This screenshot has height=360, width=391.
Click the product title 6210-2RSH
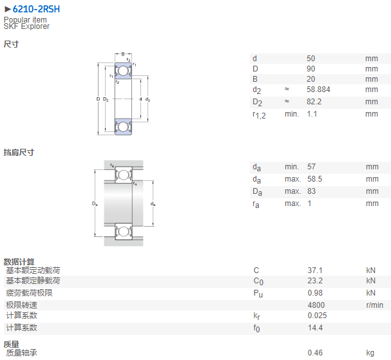click(x=36, y=9)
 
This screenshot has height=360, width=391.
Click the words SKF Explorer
click(x=26, y=26)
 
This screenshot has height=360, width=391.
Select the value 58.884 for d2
click(x=318, y=90)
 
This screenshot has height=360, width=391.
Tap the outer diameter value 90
click(x=310, y=68)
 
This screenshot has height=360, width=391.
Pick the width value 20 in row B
click(x=310, y=79)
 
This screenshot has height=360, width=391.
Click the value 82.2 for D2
click(x=314, y=102)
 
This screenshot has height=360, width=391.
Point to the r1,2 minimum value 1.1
click(x=312, y=114)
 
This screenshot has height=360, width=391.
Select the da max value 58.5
click(x=315, y=179)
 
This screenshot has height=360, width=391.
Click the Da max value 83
click(x=312, y=191)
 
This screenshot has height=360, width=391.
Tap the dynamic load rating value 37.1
click(x=315, y=270)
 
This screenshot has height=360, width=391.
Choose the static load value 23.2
click(x=315, y=281)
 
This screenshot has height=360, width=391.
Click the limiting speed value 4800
click(x=316, y=305)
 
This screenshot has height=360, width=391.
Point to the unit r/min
click(x=374, y=305)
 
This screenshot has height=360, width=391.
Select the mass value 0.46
click(x=315, y=353)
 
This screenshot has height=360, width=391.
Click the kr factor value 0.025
click(x=317, y=316)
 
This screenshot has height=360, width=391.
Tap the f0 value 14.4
click(x=315, y=328)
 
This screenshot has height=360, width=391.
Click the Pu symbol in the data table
click(x=258, y=294)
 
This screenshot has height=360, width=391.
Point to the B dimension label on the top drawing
click(x=123, y=54)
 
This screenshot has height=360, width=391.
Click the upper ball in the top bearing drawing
click(x=123, y=71)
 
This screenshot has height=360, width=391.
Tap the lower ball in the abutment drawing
click(x=123, y=232)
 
